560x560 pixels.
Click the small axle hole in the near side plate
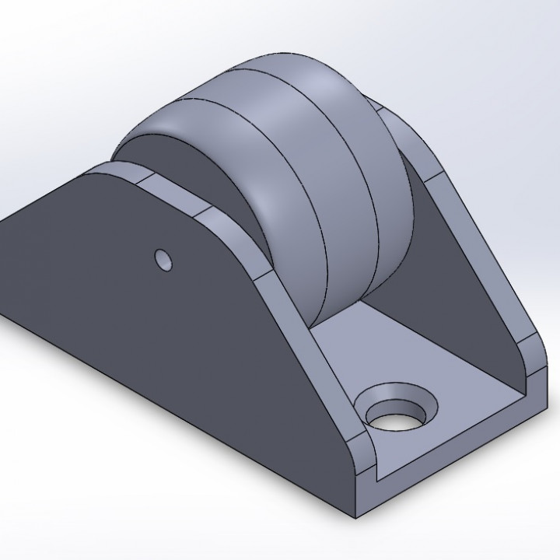pyautogui.click(x=163, y=260)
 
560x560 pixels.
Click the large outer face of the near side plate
pyautogui.click(x=156, y=327)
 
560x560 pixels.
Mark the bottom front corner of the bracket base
pyautogui.click(x=359, y=515)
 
